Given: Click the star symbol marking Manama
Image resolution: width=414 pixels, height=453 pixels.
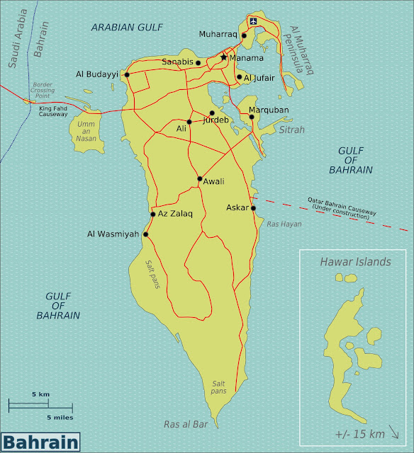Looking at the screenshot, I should (224, 57).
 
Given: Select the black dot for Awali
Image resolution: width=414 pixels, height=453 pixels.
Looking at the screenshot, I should (200, 179).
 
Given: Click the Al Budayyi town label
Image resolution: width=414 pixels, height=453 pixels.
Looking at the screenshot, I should (98, 74).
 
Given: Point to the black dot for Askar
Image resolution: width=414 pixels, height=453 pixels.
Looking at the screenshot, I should (253, 208).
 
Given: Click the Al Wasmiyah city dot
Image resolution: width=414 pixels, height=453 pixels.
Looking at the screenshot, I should (146, 234).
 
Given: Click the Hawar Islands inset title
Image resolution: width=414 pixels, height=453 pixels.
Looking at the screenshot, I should (355, 262).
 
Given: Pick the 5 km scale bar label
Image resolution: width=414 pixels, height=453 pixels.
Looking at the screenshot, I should (40, 394).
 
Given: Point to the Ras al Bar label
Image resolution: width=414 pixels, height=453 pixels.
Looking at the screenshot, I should (186, 425).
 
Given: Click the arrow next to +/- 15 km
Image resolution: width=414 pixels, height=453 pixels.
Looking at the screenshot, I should (395, 432).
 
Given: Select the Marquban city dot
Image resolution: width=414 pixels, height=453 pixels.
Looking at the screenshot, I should (252, 117).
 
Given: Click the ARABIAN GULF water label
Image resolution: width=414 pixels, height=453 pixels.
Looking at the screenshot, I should (122, 27).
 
